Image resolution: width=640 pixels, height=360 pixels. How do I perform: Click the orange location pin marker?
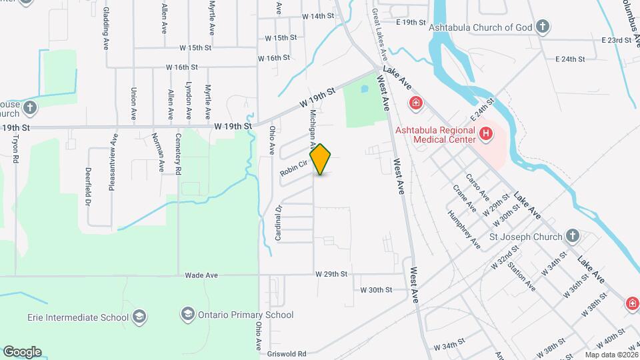tap(321, 159)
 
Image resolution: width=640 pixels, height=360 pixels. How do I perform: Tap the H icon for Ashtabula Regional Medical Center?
tap(486, 133)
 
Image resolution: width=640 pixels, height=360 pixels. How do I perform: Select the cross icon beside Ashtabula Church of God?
tap(543, 27)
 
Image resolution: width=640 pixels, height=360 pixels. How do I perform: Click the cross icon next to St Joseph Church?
tap(572, 235)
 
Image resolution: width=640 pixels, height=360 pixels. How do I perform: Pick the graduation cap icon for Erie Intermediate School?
tap(139, 315)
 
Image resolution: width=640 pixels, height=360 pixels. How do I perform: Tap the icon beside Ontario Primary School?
tap(188, 314)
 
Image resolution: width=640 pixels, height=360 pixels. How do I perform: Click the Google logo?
tap(22, 351)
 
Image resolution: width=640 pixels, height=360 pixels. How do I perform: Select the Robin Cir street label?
tap(293, 167)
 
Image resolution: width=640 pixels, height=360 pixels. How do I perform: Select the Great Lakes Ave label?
tap(380, 34)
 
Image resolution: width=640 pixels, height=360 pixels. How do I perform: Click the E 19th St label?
tap(411, 22)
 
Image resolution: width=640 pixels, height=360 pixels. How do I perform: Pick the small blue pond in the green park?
tap(363, 87)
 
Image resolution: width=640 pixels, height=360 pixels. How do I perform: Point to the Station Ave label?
tap(521, 276)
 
